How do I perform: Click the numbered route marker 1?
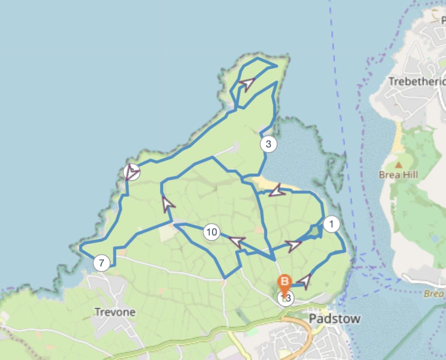[x=331, y=224]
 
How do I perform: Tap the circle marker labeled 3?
[x=268, y=145]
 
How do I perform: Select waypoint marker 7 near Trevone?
[x=101, y=262]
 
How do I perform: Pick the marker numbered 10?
[x=211, y=232]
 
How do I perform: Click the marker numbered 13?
[x=286, y=298]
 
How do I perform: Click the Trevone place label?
[x=115, y=312]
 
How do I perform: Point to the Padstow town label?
[x=334, y=318]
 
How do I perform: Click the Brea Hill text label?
[x=398, y=175]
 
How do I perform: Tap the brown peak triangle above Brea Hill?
[x=398, y=164]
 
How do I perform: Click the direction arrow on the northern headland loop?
[x=247, y=82]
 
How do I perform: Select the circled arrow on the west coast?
[x=131, y=172]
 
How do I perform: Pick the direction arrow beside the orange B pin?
[x=303, y=281]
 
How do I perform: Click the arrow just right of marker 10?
[x=236, y=242]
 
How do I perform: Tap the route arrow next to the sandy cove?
[x=276, y=190]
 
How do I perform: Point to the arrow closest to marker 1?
[x=293, y=245]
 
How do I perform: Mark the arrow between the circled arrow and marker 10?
[x=168, y=204]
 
